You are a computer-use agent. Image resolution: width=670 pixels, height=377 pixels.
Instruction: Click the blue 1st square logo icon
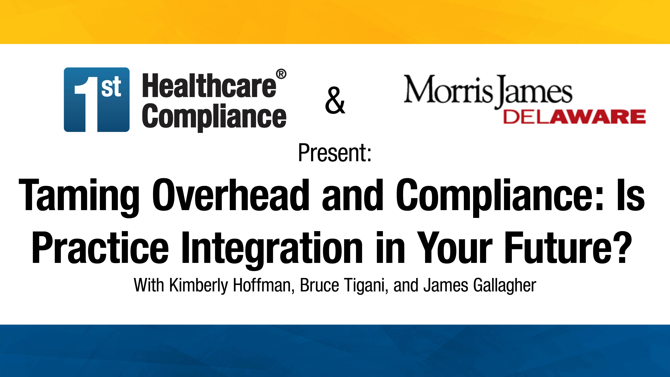97,100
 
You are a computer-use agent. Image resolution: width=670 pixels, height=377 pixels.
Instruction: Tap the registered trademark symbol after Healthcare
281,74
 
